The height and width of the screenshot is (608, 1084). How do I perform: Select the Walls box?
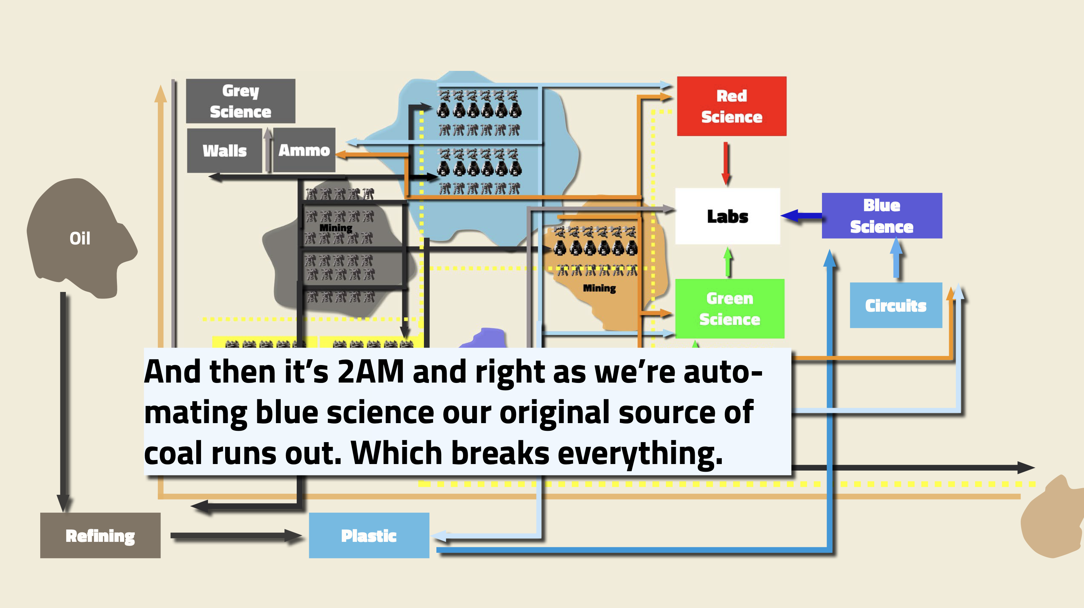point(224,150)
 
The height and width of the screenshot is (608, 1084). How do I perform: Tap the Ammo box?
point(304,150)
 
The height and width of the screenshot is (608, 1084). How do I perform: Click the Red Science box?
point(731,106)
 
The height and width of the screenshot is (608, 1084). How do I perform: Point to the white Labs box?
point(727,216)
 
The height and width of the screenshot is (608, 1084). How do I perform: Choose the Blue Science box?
point(882,216)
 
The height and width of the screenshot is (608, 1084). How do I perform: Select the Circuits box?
point(895,305)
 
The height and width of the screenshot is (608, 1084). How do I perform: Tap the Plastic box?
point(369,535)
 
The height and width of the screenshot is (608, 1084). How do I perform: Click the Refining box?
point(100,535)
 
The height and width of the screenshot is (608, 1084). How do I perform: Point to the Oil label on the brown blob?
point(80,238)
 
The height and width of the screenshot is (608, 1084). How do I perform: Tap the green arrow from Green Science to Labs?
point(728,262)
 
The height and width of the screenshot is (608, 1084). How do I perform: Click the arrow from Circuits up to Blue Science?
point(896,259)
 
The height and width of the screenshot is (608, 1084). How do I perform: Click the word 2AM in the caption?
point(370,372)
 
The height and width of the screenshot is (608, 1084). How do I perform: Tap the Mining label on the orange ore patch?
point(599,288)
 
